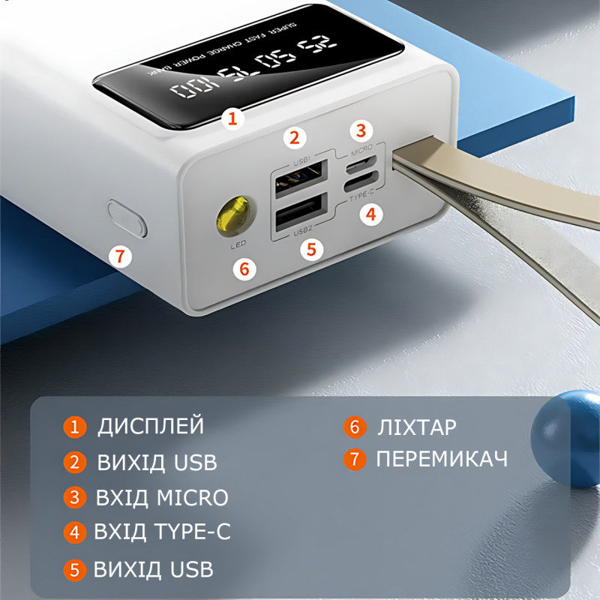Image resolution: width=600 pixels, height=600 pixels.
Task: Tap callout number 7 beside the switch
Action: click(119, 256)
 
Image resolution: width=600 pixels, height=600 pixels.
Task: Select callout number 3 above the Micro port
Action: click(361, 130)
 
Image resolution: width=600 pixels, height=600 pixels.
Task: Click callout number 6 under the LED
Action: click(244, 267)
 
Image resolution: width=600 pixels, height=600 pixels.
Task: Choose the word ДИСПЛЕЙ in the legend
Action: click(151, 426)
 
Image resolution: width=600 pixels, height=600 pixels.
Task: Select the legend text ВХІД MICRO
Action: click(162, 497)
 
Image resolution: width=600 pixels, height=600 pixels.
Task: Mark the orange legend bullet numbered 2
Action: click(74, 462)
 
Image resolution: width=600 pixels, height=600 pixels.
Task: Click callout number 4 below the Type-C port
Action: click(369, 215)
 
